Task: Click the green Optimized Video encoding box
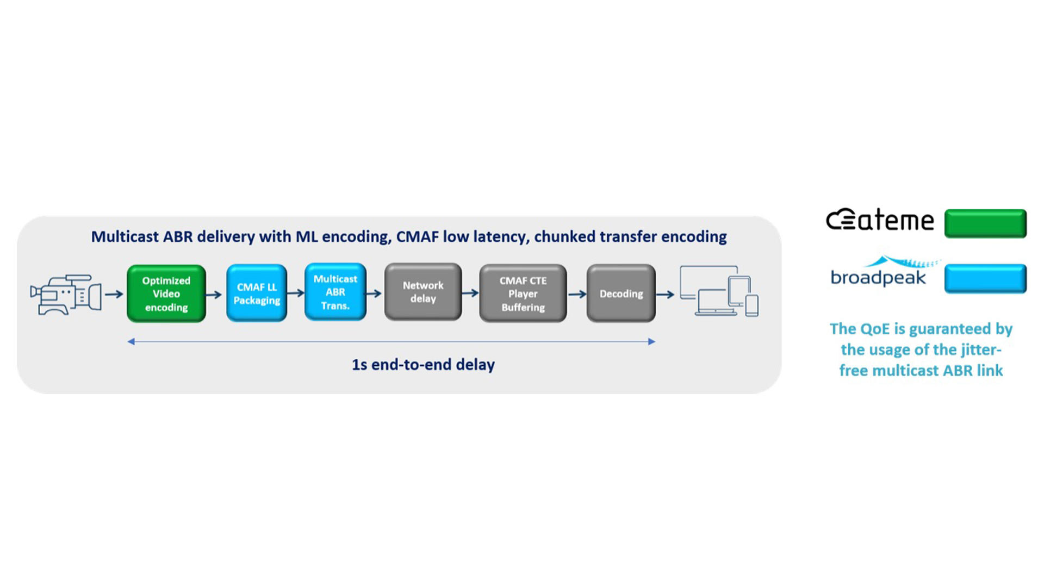pyautogui.click(x=166, y=293)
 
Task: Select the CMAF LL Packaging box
pyautogui.click(x=257, y=293)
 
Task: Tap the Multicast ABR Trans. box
pyautogui.click(x=335, y=292)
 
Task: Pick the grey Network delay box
pyautogui.click(x=423, y=292)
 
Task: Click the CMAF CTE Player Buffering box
pyautogui.click(x=523, y=293)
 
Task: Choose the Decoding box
pyautogui.click(x=621, y=293)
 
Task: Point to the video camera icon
pyautogui.click(x=65, y=295)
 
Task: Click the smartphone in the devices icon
pyautogui.click(x=752, y=305)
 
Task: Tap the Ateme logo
pyautogui.click(x=880, y=220)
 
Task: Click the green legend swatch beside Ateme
pyautogui.click(x=985, y=223)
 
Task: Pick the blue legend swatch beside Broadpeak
pyautogui.click(x=985, y=278)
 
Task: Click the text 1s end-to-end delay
pyautogui.click(x=423, y=365)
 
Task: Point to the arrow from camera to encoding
pyautogui.click(x=114, y=294)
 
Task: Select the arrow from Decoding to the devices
pyautogui.click(x=666, y=295)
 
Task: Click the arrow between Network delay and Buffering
pyautogui.click(x=470, y=293)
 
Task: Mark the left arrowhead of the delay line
pyautogui.click(x=131, y=341)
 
